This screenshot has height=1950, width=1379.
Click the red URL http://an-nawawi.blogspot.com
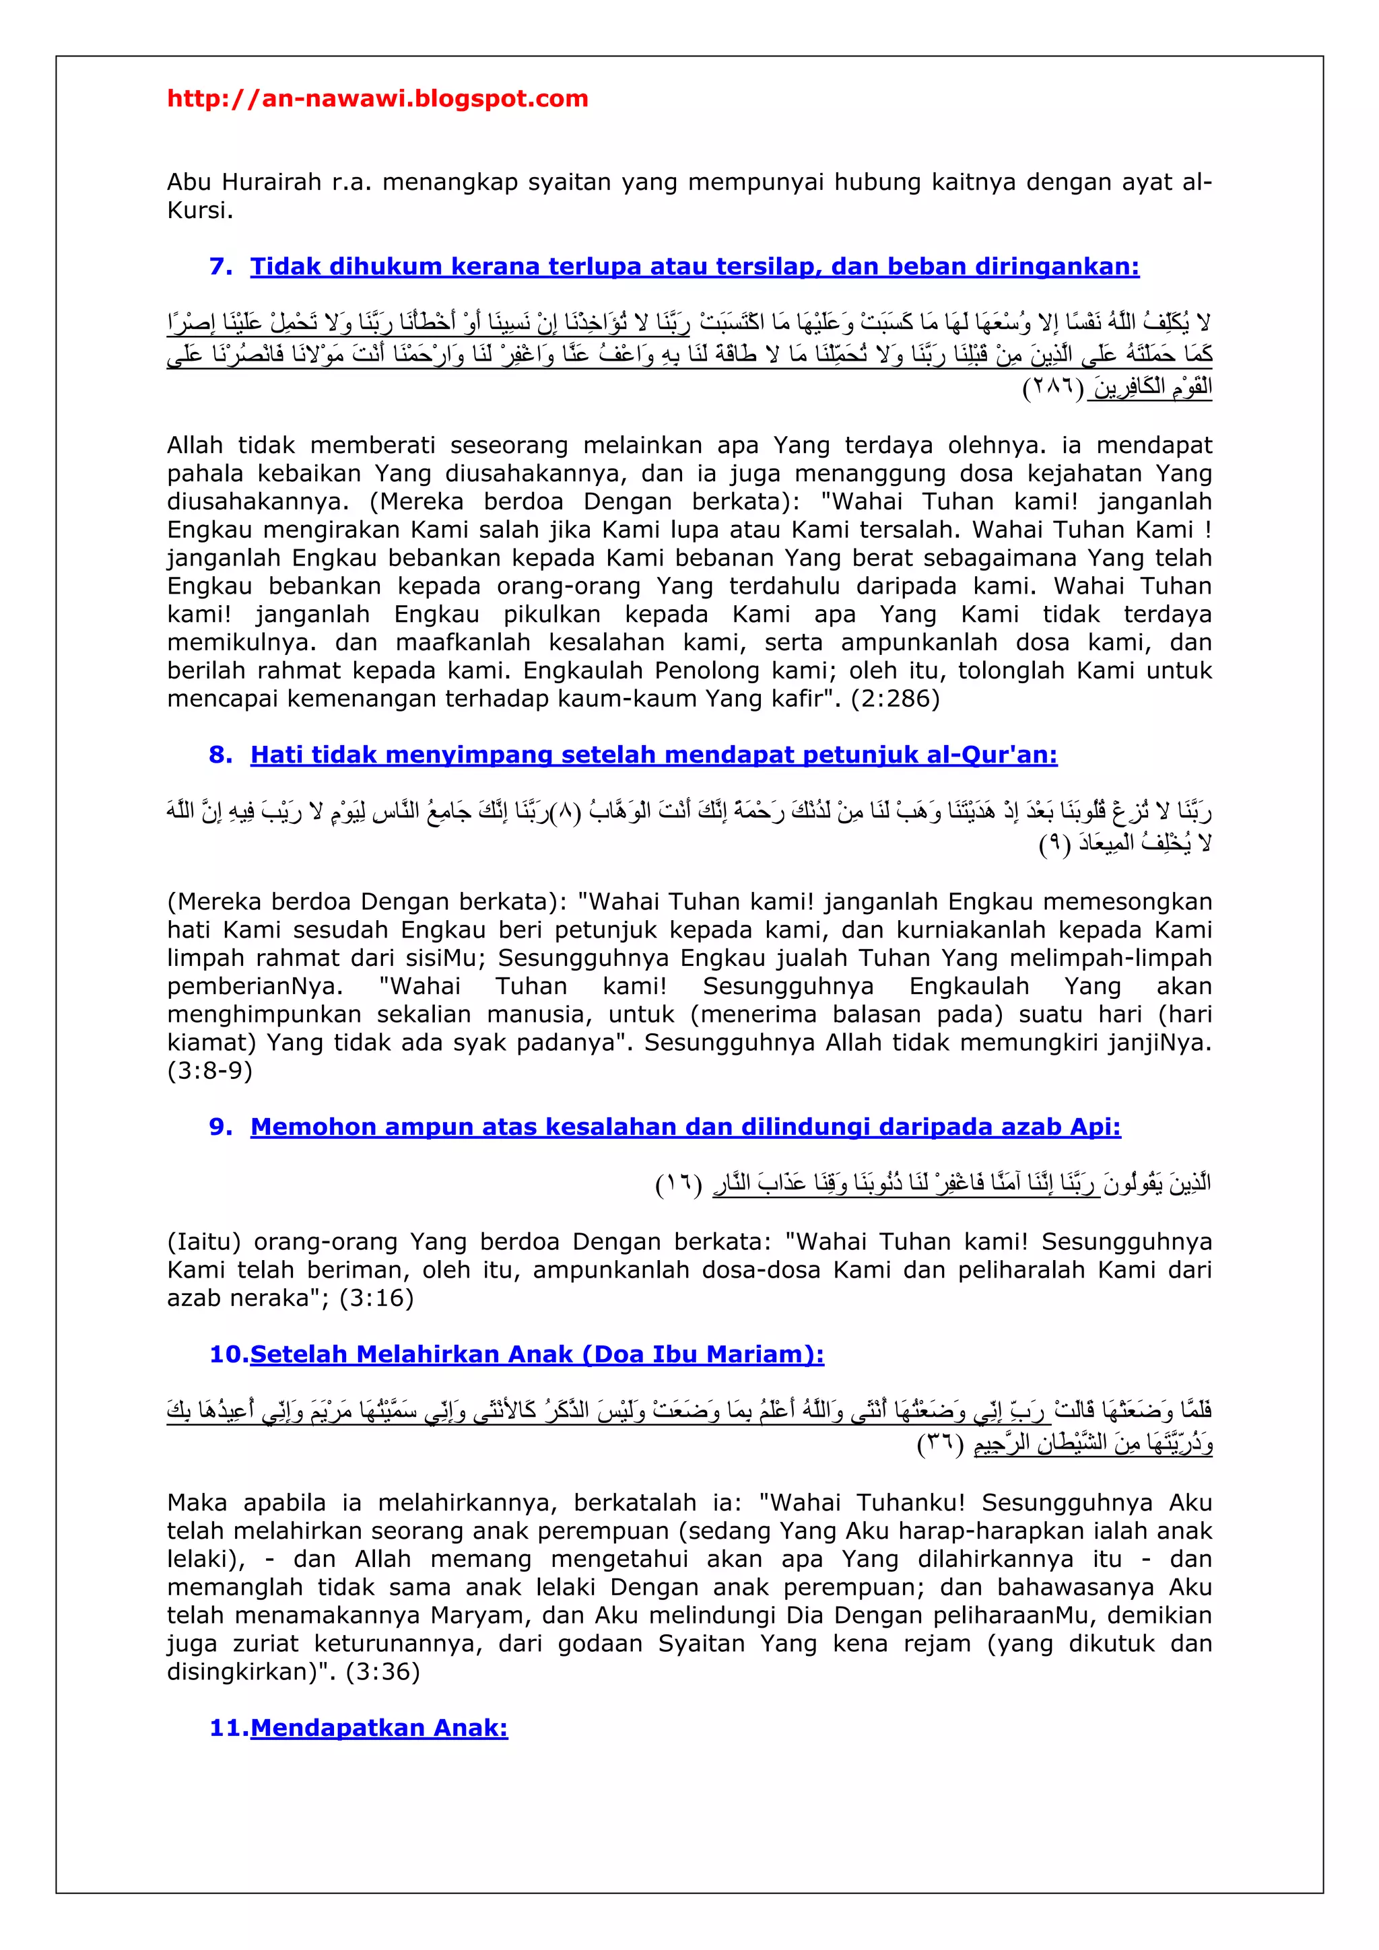(377, 98)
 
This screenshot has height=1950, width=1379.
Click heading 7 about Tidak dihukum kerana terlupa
(694, 267)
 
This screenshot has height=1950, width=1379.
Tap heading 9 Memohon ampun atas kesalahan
(685, 1127)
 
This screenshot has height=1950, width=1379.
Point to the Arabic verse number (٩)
(1054, 845)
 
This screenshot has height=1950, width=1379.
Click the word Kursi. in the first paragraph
(200, 211)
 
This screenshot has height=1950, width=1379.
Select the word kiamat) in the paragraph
(212, 1042)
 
